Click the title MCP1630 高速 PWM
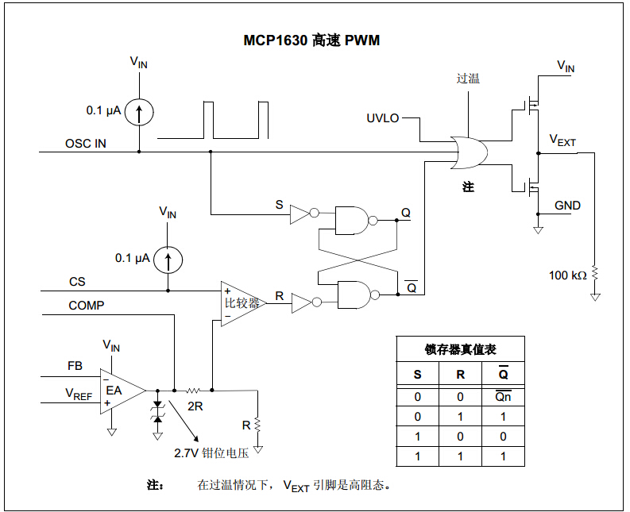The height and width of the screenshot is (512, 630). click(311, 40)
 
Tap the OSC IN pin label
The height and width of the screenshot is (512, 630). click(85, 144)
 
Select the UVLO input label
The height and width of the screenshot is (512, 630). click(383, 118)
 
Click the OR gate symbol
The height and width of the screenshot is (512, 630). click(467, 152)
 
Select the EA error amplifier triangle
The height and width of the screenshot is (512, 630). click(119, 391)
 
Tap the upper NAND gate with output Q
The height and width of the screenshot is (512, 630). click(351, 220)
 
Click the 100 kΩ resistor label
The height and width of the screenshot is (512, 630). click(567, 275)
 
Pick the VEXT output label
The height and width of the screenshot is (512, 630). click(563, 141)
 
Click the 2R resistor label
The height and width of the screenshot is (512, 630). click(194, 406)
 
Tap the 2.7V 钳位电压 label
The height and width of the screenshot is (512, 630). click(212, 453)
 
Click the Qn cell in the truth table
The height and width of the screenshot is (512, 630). click(503, 396)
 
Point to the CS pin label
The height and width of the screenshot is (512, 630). click(77, 282)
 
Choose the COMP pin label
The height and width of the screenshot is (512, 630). click(86, 306)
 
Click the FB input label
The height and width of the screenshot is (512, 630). click(75, 366)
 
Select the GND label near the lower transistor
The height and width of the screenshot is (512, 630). click(567, 206)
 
